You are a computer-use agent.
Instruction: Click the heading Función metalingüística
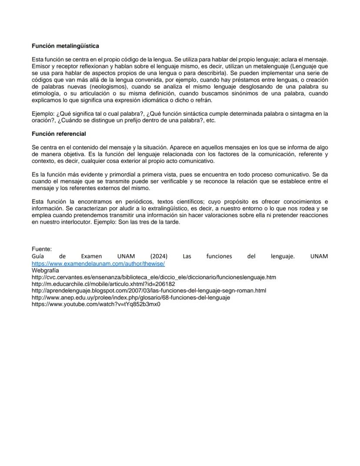65,46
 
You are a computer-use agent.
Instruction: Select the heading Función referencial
59,134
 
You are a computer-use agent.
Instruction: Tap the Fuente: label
42,249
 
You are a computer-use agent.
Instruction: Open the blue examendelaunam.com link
98,263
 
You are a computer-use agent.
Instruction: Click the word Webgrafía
46,270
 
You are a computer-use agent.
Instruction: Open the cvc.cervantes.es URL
154,277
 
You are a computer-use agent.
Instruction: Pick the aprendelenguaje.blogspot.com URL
149,290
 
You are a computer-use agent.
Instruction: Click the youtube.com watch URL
96,304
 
